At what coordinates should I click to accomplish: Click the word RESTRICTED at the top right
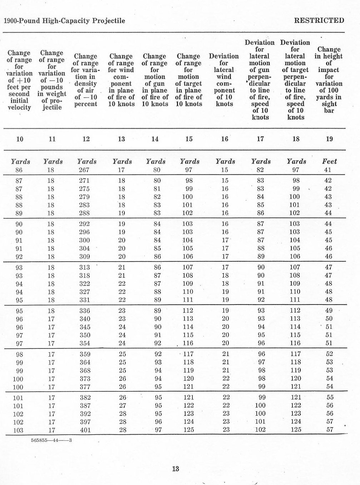click(x=319, y=20)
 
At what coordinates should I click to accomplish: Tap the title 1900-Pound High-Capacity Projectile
click(x=64, y=21)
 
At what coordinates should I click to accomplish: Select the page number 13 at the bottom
click(x=175, y=469)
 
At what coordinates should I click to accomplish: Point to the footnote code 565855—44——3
click(x=51, y=440)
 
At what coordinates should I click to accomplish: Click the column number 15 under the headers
click(x=189, y=139)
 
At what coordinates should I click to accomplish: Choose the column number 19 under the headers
click(x=329, y=139)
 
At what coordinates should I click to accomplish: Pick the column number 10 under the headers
click(x=20, y=139)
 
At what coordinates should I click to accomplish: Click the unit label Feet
click(x=329, y=162)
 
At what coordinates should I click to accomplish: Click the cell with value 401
click(x=85, y=430)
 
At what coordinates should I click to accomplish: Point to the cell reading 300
click(x=84, y=240)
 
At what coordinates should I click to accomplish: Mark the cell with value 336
click(x=85, y=311)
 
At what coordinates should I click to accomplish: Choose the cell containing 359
click(x=85, y=354)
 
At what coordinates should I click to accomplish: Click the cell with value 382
click(x=85, y=397)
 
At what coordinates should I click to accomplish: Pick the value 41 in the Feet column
click(x=328, y=170)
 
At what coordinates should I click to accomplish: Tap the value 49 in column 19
click(x=329, y=311)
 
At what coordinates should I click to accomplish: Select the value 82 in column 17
click(x=260, y=170)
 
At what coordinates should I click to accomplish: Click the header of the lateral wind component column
click(x=224, y=80)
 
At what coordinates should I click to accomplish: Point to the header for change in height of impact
click(x=329, y=80)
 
